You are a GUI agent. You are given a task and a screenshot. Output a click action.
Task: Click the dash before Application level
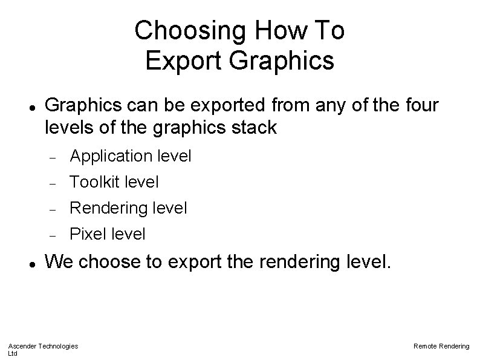click(x=54, y=157)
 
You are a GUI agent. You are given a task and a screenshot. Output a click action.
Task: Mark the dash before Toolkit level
click(x=54, y=182)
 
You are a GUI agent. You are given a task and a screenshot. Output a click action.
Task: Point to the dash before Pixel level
click(x=54, y=234)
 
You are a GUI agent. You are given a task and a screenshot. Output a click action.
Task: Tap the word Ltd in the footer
click(x=13, y=353)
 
